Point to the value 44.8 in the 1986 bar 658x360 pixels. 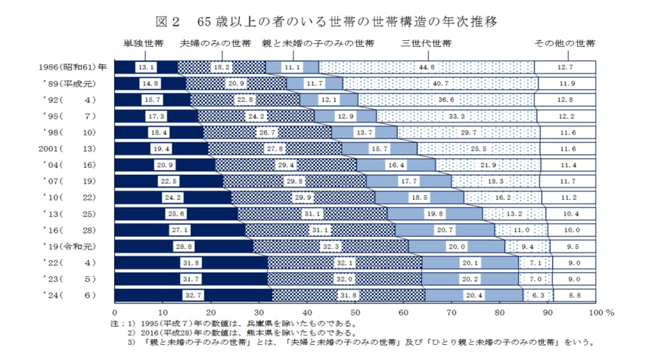click(427, 67)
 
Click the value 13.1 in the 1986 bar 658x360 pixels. click(146, 67)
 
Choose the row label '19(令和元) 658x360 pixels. click(73, 247)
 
